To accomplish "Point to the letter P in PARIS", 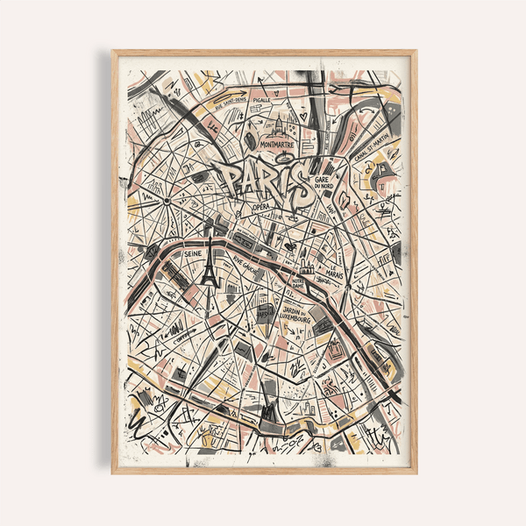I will pos(230,181).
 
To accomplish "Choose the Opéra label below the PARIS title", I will pos(261,207).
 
